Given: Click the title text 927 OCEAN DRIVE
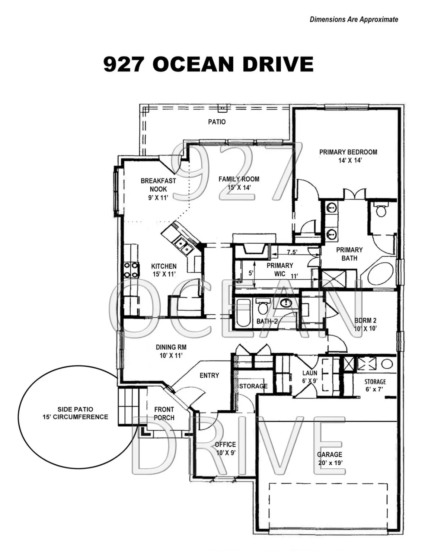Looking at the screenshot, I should [x=208, y=64].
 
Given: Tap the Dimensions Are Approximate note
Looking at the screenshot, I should [x=354, y=19].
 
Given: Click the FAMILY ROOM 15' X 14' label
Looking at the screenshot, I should [x=239, y=183].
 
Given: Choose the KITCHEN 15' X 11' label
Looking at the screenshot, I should [x=164, y=270].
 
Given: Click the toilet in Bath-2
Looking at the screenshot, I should [x=263, y=307].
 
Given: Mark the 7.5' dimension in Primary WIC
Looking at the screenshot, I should [x=292, y=252].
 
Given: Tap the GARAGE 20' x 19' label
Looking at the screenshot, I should [x=329, y=458].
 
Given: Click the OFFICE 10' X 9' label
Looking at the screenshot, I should [x=225, y=448].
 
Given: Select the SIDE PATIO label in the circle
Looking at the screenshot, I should [x=75, y=413].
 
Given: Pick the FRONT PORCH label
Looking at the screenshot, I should [x=164, y=413].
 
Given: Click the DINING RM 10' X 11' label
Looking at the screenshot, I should [x=171, y=351].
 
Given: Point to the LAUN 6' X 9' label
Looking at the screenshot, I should [x=309, y=376].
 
